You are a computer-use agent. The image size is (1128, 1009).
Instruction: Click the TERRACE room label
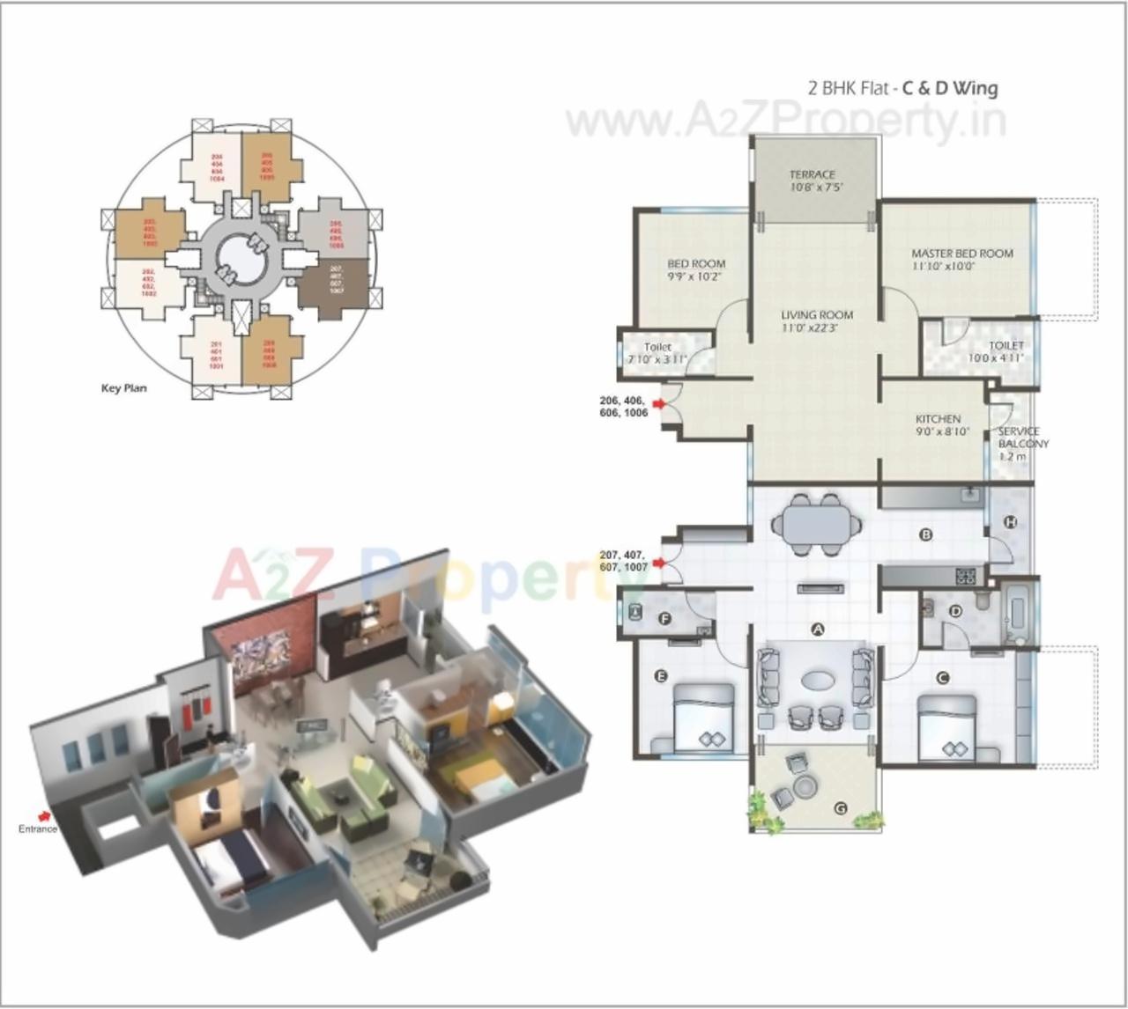[813, 175]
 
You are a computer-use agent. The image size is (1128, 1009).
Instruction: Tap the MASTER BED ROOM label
[962, 254]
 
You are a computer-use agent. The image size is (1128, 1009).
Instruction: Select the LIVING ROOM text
[817, 315]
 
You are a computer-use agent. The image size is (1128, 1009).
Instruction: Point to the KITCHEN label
[938, 419]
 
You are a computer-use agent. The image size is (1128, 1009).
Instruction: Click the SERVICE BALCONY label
[1020, 438]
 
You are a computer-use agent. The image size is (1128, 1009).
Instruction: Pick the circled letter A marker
[817, 630]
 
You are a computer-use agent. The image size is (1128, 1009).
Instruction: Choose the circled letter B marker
[926, 534]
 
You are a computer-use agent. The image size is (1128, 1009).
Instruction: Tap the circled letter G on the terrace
[840, 807]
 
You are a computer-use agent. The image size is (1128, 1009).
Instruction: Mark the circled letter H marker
[1011, 522]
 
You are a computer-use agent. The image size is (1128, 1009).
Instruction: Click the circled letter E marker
[660, 676]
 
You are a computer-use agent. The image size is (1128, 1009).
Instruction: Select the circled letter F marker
[665, 619]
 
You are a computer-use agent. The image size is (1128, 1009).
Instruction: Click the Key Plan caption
[124, 388]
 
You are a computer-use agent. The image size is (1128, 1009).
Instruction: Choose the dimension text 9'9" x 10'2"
[695, 276]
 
